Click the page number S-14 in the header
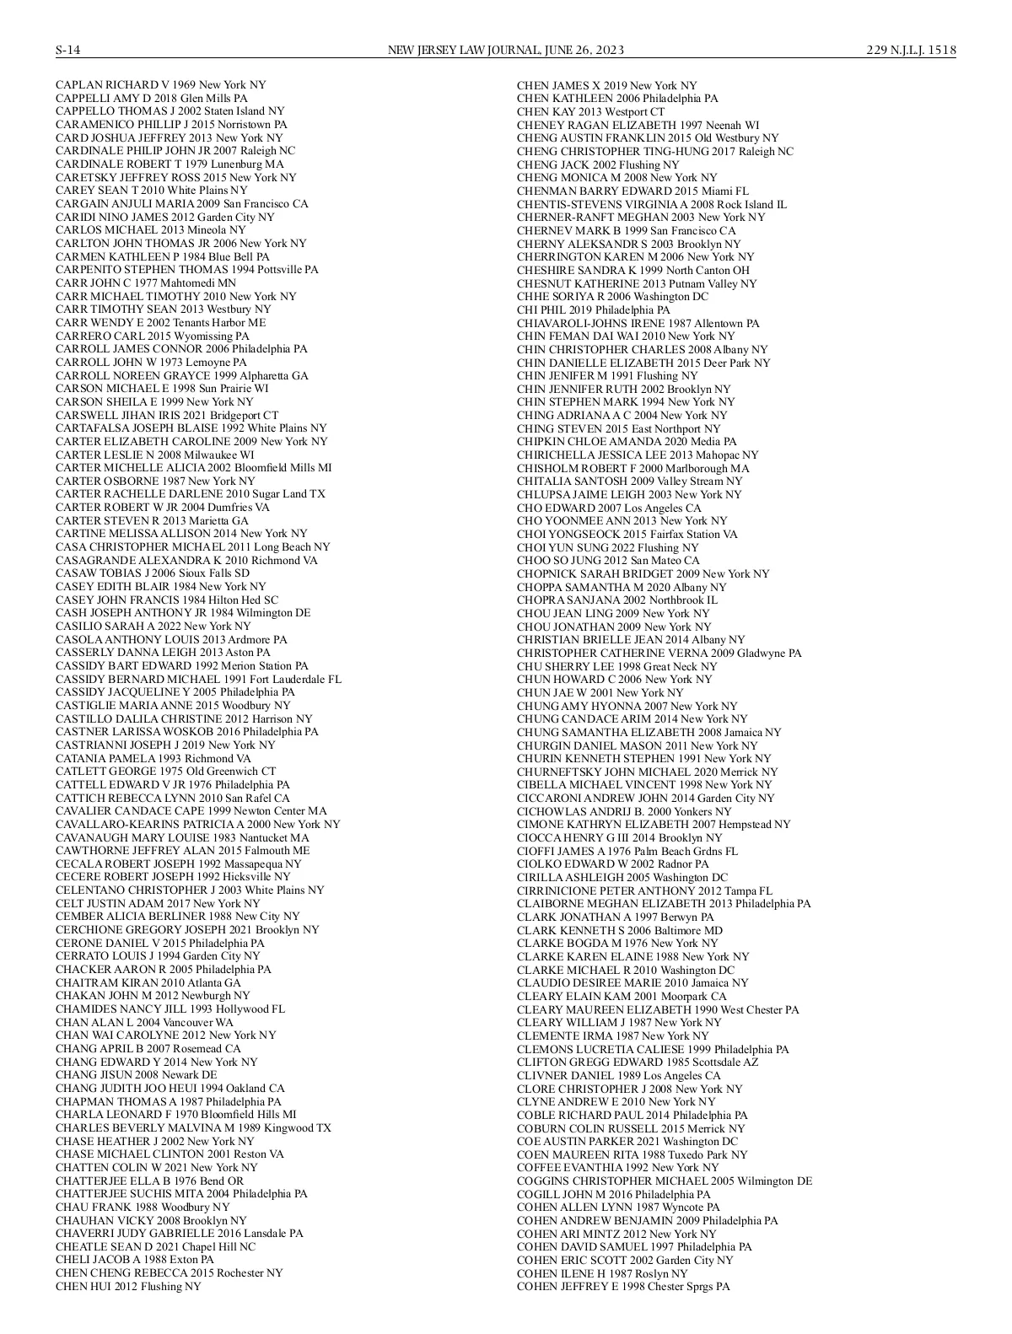point(67,51)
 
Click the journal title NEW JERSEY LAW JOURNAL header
point(505,51)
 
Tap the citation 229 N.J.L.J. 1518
point(911,51)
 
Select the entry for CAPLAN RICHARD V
point(160,85)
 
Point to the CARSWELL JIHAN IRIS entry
point(166,415)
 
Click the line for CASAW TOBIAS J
point(152,573)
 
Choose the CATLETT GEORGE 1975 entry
point(165,772)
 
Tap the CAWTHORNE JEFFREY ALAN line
point(182,851)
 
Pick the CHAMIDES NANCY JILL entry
point(170,1009)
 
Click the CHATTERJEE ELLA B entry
point(149,1181)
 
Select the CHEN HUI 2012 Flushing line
point(128,1286)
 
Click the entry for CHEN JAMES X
point(606,85)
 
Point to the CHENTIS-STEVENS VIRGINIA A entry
point(651,204)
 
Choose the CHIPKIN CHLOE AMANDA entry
point(626,442)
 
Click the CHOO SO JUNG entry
point(607,561)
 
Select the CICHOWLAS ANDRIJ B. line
point(623,811)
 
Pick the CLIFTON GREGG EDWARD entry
point(637,1062)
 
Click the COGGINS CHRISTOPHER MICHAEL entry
point(664,1181)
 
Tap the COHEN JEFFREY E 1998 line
point(622,1287)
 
